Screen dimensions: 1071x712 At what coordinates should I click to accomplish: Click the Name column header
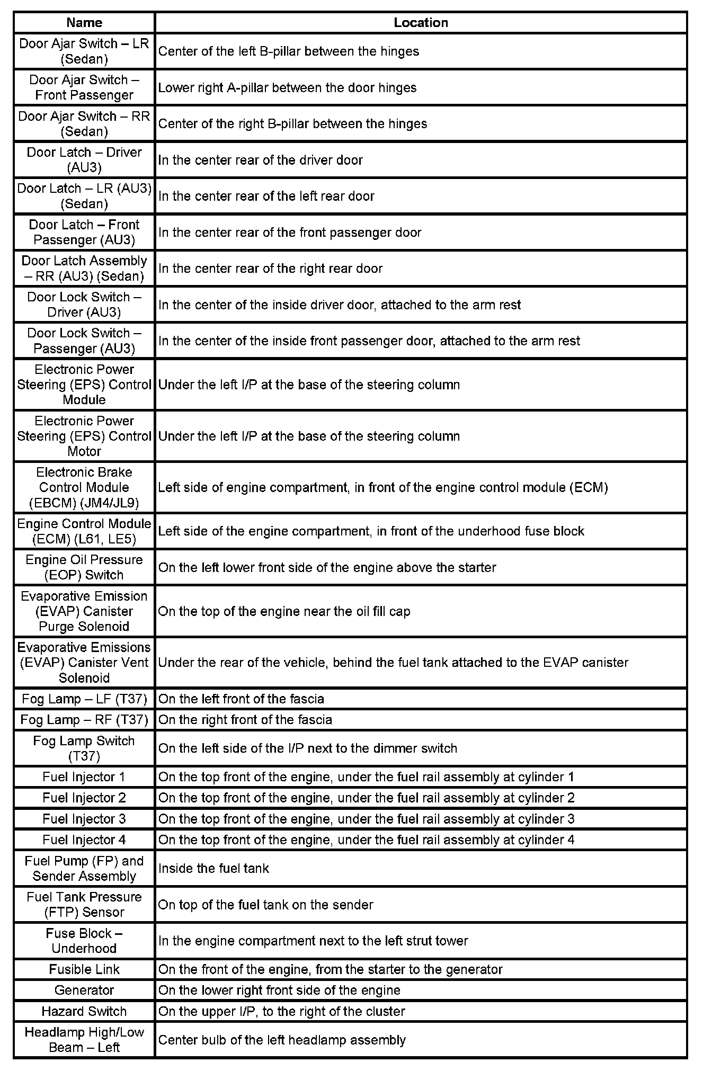click(84, 23)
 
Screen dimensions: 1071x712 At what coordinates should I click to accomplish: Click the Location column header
click(421, 23)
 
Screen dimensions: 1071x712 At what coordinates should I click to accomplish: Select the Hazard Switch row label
click(84, 1011)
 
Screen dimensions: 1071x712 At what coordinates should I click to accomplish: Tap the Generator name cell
click(84, 990)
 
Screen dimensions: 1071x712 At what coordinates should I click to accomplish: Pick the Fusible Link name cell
click(84, 969)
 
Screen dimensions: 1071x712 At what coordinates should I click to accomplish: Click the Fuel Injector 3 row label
click(84, 819)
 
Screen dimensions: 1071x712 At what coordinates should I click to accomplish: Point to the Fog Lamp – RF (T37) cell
click(84, 720)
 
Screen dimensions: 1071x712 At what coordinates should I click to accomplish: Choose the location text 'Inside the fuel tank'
click(213, 868)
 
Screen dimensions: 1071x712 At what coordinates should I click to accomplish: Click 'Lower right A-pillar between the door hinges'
click(287, 87)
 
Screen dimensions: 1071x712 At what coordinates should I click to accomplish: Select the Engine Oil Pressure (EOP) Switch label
click(84, 567)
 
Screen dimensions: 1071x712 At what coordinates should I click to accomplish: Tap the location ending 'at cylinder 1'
click(366, 777)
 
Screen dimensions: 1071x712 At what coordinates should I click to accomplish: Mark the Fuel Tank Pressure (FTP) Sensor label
click(84, 904)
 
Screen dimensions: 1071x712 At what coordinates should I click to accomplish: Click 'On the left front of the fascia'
click(241, 699)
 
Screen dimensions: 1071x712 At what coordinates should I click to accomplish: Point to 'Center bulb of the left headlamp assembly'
click(282, 1040)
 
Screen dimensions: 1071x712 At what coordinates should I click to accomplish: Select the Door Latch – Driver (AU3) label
click(84, 160)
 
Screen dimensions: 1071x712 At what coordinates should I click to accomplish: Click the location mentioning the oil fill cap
click(284, 611)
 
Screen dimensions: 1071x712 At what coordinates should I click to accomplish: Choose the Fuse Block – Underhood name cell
click(84, 941)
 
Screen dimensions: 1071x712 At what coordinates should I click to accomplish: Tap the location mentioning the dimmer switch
click(307, 748)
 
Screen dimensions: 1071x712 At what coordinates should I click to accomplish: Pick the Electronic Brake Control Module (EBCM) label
click(84, 487)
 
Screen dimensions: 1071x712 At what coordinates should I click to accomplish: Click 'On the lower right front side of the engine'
click(279, 990)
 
